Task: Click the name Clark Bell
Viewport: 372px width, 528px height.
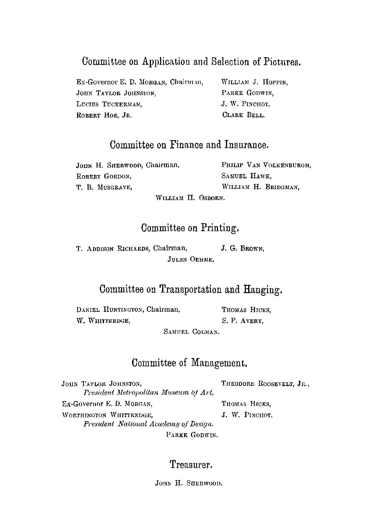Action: (x=243, y=115)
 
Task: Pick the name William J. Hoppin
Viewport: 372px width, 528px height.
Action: (x=255, y=82)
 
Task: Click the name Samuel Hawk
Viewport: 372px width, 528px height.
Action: (x=246, y=176)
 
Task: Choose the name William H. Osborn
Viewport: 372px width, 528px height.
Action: (x=190, y=198)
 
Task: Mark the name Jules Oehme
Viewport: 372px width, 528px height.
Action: (x=191, y=260)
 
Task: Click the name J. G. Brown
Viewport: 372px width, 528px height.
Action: (x=243, y=249)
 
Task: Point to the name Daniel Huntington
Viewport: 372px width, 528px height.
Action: (x=110, y=310)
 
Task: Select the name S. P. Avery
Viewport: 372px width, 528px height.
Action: (x=243, y=321)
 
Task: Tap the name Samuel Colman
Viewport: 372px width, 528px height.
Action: (x=191, y=332)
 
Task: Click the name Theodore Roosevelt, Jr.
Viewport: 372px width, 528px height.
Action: (x=265, y=384)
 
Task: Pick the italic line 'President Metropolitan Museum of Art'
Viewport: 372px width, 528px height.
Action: (x=149, y=393)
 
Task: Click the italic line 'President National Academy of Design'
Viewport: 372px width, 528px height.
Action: (x=149, y=424)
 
